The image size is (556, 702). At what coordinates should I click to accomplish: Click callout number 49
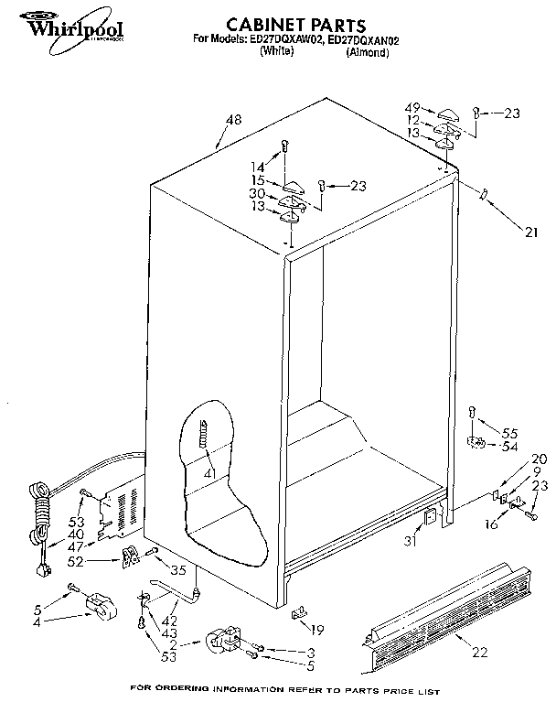point(412,108)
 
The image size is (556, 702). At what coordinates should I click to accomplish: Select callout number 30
point(258,194)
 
